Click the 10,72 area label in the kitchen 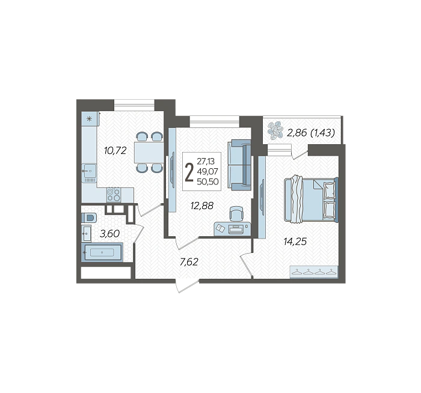tap(115, 151)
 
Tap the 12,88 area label tap(202, 206)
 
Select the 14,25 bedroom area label tap(295, 242)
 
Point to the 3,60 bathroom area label tap(109, 234)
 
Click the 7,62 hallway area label tap(189, 261)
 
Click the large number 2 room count tap(189, 172)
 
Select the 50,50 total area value tap(207, 182)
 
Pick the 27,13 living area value tap(206, 161)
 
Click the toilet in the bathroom tap(88, 218)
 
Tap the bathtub tap(102, 252)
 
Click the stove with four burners tap(114, 195)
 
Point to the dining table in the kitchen tap(149, 153)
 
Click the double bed tap(311, 200)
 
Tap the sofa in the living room tap(239, 165)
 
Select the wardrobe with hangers tap(314, 272)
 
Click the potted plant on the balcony tap(275, 130)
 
